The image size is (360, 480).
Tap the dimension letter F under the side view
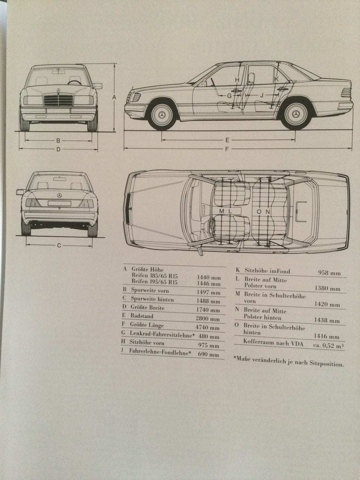tap(227, 149)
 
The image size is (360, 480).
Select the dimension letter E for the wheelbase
tap(227, 140)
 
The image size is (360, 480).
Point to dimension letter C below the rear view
tap(59, 246)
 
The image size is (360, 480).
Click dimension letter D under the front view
tap(58, 149)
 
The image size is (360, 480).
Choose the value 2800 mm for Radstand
tap(208, 319)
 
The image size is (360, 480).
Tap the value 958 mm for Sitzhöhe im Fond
tap(329, 273)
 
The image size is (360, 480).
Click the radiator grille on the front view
tap(58, 100)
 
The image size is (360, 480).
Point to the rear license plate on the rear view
tap(59, 203)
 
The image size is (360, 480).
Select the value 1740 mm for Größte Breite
tap(208, 310)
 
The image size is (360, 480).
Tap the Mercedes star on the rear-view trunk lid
tap(59, 195)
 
